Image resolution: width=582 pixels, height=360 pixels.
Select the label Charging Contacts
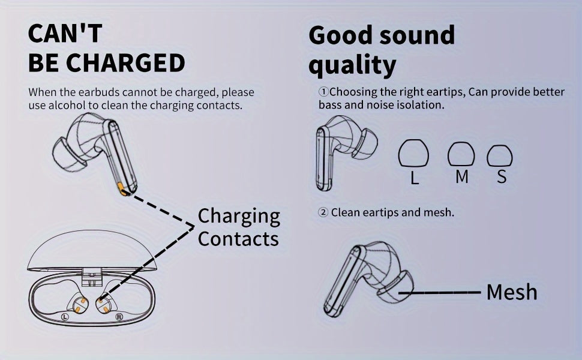pos(238,227)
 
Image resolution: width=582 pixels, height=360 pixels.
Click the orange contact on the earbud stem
pos(123,190)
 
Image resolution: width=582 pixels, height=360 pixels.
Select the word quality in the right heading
pos(352,64)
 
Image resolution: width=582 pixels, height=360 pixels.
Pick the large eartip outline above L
pos(413,155)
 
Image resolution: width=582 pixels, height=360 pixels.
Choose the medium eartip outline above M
pos(461,155)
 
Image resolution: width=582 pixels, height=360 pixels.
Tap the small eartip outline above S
pos(499,156)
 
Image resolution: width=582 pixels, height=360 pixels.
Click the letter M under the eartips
pos(461,177)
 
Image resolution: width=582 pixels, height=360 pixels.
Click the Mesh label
pos(511,293)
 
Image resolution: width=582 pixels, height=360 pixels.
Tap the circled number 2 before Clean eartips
pos(323,212)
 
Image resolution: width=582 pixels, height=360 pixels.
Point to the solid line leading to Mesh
pos(444,293)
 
